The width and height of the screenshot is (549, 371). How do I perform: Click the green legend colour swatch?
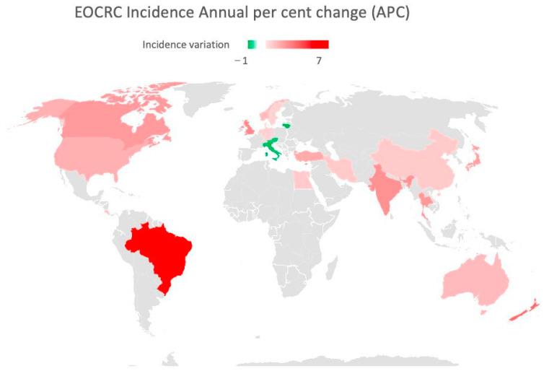(251, 45)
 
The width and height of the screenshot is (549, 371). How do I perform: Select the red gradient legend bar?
(297, 45)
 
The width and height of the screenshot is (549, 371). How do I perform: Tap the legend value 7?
(318, 61)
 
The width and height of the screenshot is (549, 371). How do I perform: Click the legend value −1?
(242, 61)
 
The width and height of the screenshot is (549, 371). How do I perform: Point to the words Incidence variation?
(185, 45)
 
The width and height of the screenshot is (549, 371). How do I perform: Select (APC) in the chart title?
(390, 14)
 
